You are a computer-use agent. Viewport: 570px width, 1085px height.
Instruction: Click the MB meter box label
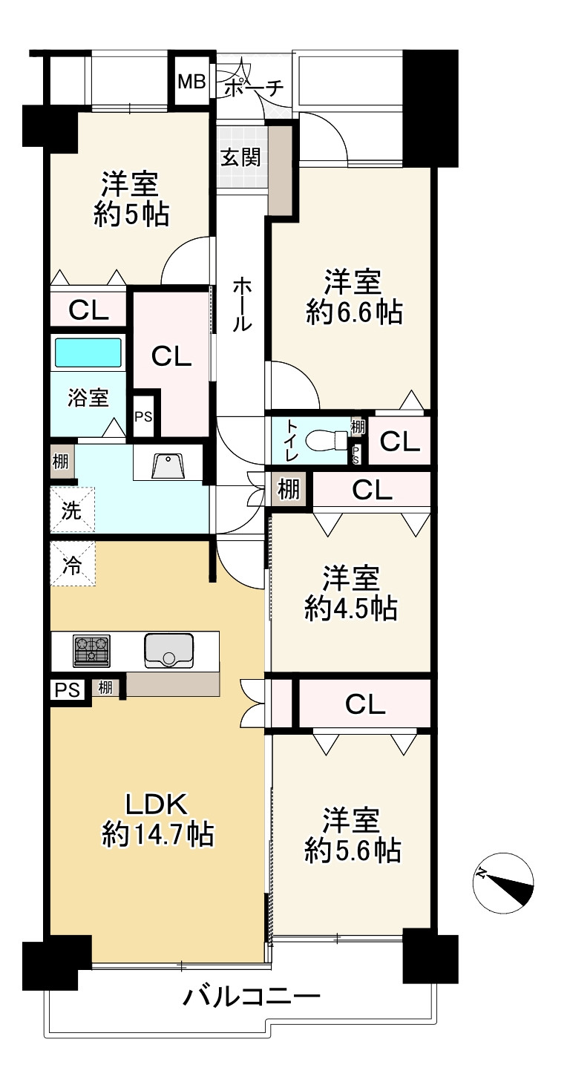[x=191, y=82]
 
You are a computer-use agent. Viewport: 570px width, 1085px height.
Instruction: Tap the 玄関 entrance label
[x=240, y=157]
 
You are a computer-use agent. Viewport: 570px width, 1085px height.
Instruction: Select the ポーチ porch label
[x=254, y=88]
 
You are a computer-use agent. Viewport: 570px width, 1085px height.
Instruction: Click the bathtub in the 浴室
[x=88, y=352]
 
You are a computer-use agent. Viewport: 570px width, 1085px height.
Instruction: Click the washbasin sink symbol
[x=168, y=467]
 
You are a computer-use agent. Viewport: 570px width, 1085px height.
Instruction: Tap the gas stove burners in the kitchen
[x=91, y=649]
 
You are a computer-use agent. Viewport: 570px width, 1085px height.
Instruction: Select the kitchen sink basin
[x=168, y=651]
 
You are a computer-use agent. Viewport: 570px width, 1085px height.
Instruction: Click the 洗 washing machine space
[x=72, y=510]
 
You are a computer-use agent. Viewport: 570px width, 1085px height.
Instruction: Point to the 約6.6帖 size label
[x=354, y=312]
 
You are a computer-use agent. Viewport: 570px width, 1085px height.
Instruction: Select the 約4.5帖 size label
[x=351, y=609]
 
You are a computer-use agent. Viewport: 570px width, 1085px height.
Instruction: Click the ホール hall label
[x=242, y=305]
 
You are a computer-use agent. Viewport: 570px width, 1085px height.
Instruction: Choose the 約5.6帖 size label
[x=353, y=850]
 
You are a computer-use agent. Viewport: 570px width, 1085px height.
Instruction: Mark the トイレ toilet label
[x=293, y=440]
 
